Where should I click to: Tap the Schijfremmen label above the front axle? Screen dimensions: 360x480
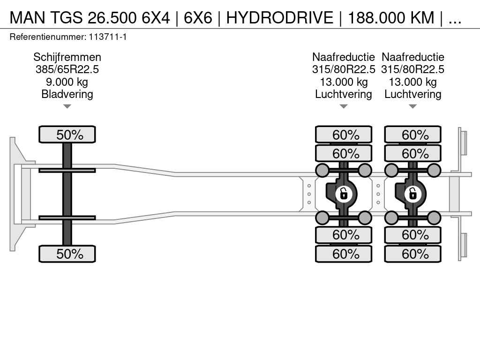coord(67,57)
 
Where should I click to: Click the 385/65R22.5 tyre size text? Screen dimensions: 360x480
coord(67,69)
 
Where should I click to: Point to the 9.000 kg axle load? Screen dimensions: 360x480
coord(67,82)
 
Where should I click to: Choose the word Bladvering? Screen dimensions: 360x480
coord(67,94)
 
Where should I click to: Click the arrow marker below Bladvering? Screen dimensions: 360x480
coord(67,106)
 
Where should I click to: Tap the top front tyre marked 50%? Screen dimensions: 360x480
coord(67,135)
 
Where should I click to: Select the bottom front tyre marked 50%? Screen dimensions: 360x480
coord(67,254)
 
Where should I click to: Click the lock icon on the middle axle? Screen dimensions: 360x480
coord(344,193)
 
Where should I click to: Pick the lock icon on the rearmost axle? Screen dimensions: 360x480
coord(413,193)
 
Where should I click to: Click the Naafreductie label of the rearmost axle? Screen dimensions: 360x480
coord(412,57)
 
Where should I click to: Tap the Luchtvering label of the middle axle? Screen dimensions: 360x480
coord(344,94)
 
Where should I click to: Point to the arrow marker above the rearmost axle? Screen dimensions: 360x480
coord(412,106)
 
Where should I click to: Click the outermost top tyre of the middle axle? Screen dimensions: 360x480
coord(344,135)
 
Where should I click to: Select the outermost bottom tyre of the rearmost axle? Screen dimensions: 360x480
coord(412,254)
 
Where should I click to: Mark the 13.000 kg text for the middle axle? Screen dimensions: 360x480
coord(344,82)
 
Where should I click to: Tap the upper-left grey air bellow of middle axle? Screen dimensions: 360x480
coord(322,170)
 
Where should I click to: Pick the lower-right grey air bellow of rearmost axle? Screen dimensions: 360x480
coord(434,217)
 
